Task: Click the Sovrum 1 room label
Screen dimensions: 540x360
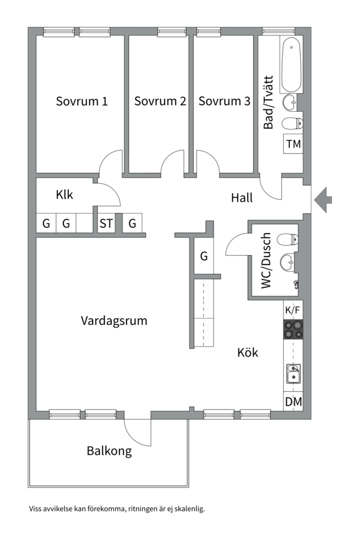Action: [x=81, y=101]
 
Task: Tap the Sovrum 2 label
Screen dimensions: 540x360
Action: [x=160, y=101]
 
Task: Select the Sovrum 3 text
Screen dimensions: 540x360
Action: [x=224, y=101]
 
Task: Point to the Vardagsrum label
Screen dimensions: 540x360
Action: [x=114, y=321]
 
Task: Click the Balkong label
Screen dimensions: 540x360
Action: [x=109, y=451]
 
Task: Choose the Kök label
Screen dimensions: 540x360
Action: [x=247, y=353]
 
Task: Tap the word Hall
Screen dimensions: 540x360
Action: [x=242, y=198]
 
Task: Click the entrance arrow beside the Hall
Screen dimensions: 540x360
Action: [x=323, y=199]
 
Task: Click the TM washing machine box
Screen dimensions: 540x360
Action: [x=293, y=144]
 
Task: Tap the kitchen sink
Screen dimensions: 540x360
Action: [x=293, y=373]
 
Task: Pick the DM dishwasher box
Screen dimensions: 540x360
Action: [x=293, y=402]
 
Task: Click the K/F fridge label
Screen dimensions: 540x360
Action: [x=293, y=310]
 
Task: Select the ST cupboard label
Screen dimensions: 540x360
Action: [x=106, y=223]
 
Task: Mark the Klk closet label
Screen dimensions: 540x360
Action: [x=64, y=195]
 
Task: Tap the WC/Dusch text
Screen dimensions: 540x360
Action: [x=266, y=260]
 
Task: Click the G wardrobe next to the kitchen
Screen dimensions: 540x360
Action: [x=203, y=256]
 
